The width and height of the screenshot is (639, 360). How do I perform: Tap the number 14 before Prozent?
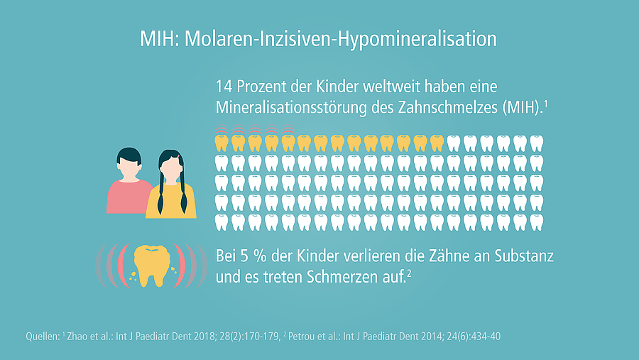(224, 88)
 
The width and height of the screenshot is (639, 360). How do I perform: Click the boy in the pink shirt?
(129, 182)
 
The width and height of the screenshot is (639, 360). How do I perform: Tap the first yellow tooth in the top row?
(221, 143)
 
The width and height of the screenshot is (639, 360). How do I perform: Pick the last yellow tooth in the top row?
(437, 143)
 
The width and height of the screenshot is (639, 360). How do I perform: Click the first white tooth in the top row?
(454, 143)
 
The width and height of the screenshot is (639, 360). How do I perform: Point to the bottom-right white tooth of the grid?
(537, 222)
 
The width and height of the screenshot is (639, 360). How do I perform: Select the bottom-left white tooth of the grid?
(221, 222)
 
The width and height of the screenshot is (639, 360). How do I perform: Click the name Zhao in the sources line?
(80, 336)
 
